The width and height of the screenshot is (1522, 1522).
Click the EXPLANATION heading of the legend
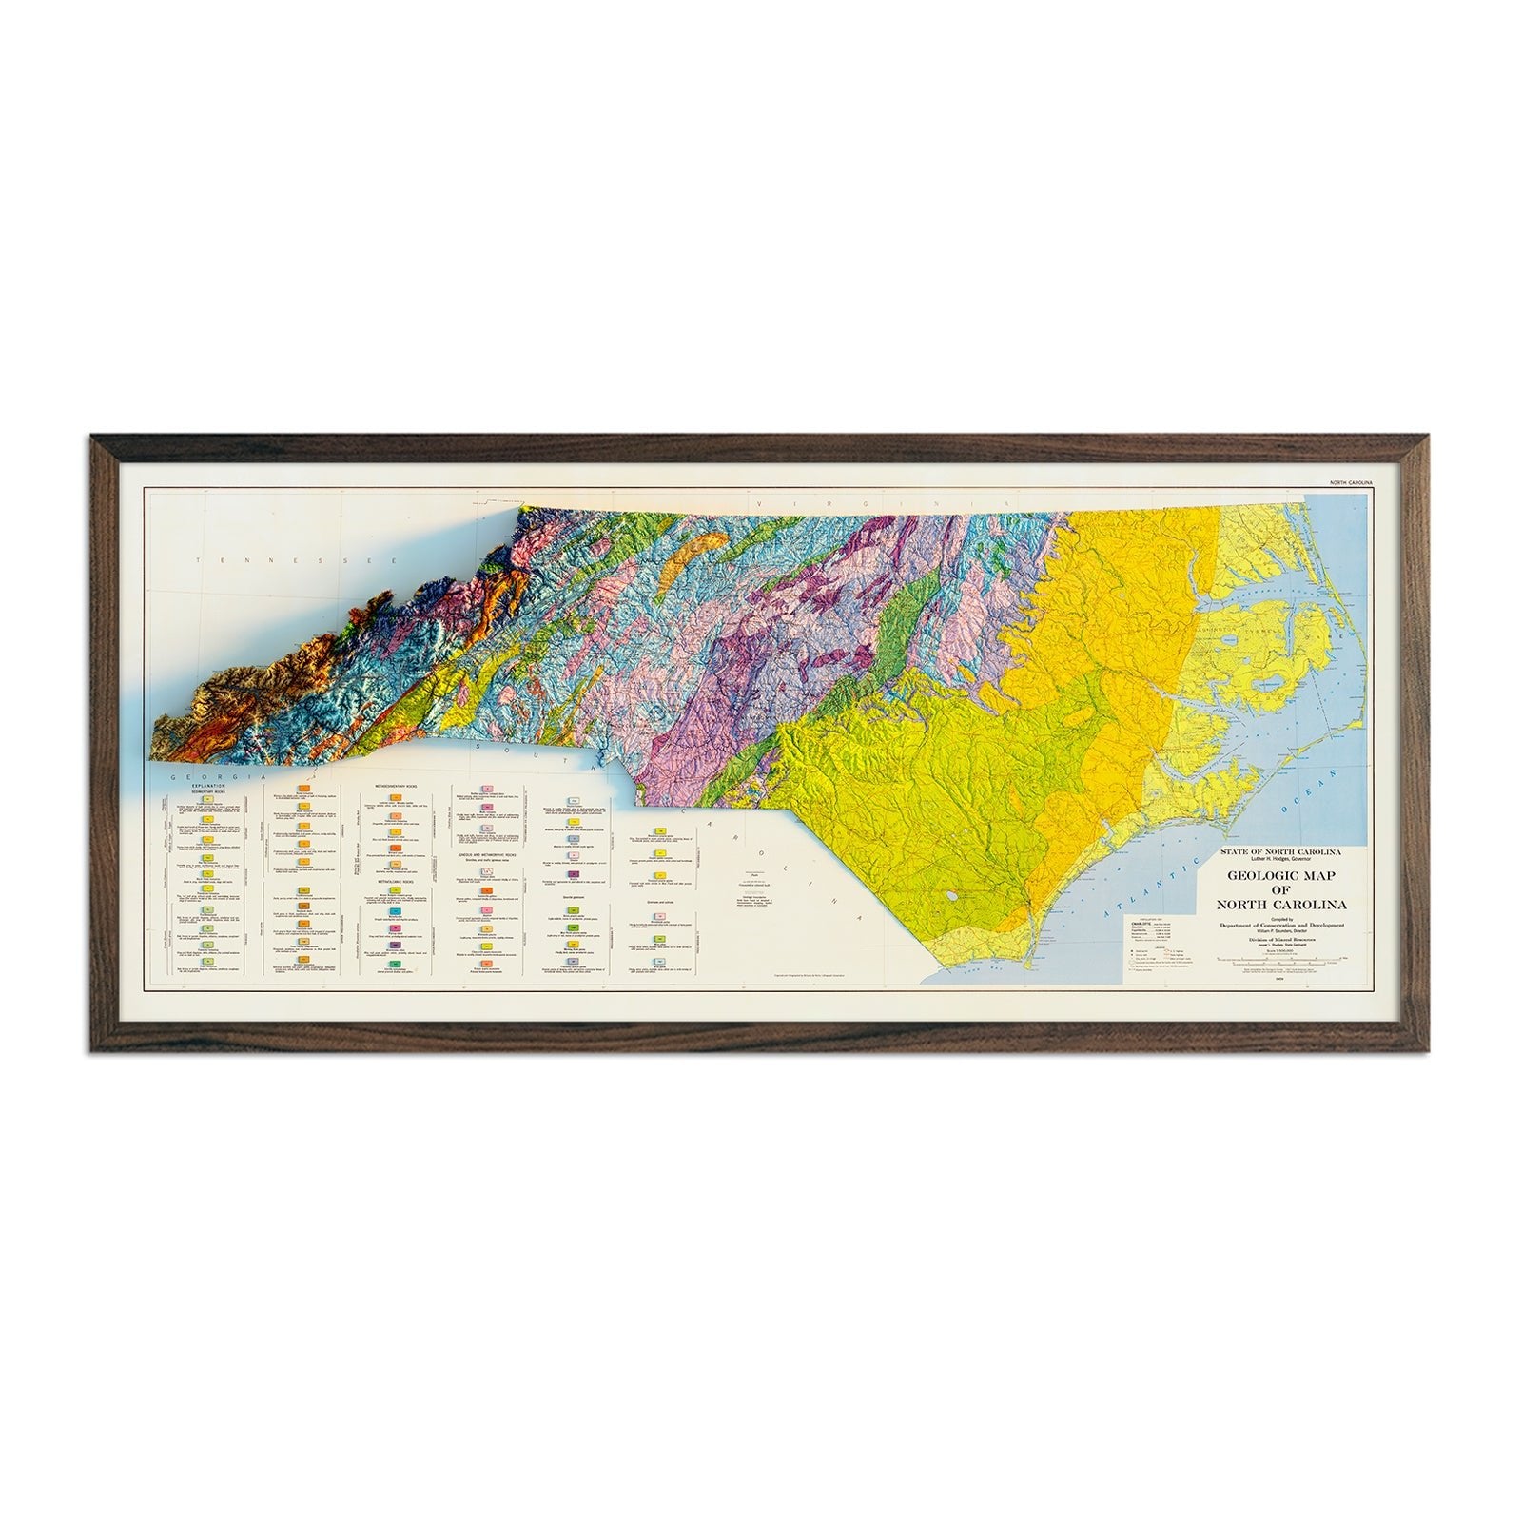point(208,786)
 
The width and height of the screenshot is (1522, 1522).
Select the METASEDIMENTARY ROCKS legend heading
point(396,787)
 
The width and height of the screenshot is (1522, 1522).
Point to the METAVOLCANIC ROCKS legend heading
point(395,882)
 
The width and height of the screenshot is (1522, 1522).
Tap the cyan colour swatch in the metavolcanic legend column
point(395,911)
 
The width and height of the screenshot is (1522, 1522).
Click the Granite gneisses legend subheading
point(574,897)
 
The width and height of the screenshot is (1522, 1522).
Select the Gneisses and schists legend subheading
point(659,902)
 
